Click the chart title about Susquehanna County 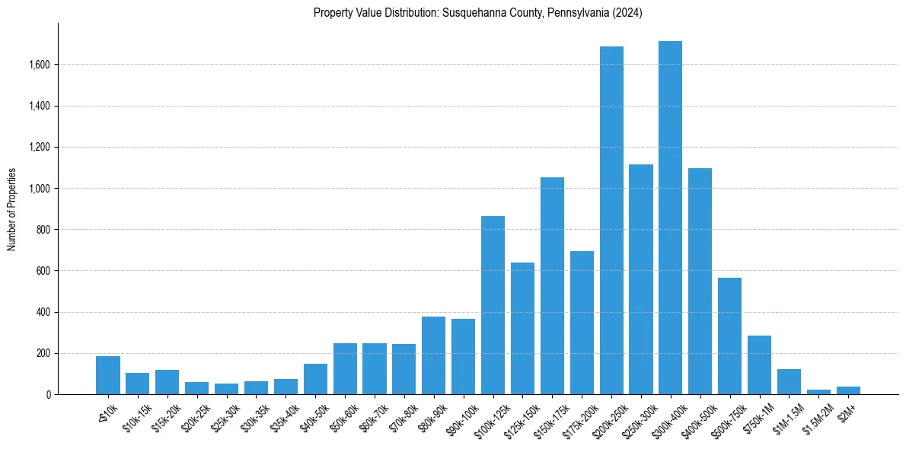point(478,13)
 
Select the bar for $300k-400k point(670,218)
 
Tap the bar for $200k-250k point(611,221)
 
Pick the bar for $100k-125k point(493,305)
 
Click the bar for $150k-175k point(552,285)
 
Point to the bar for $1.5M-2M point(818,392)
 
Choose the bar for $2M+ point(848,390)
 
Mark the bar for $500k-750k point(729,336)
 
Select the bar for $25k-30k point(226,389)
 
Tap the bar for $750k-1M point(759,365)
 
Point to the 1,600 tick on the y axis point(38,65)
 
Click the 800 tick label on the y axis point(43,230)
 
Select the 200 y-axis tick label point(43,353)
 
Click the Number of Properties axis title point(12,209)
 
